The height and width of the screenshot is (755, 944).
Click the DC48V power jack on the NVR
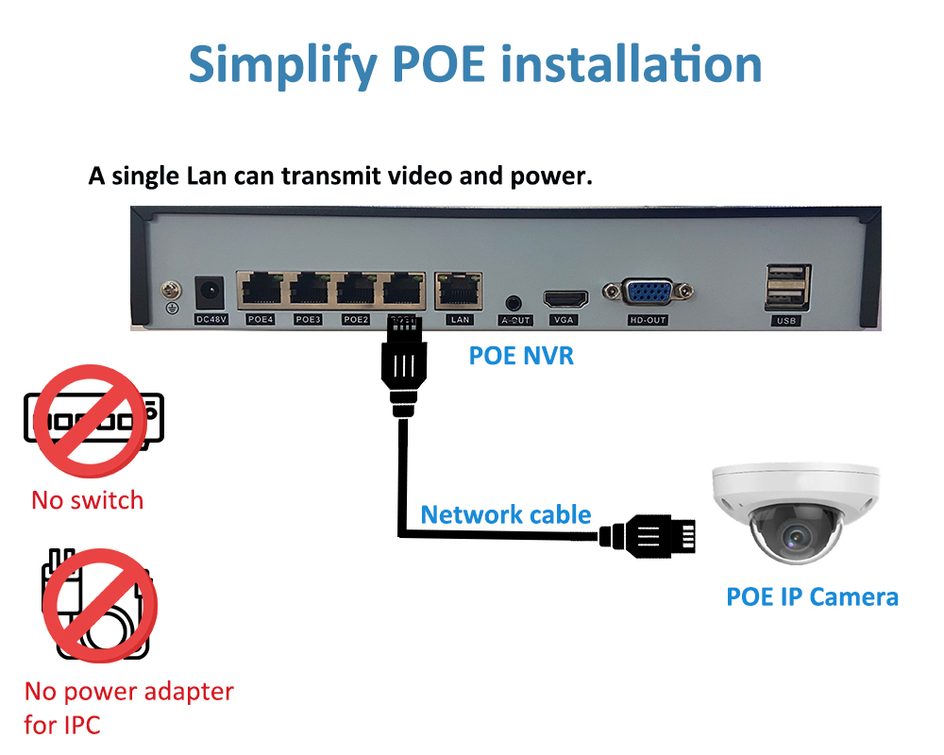click(x=210, y=294)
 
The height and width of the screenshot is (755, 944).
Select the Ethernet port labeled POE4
click(x=261, y=290)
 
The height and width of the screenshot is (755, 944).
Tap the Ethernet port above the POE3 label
click(x=309, y=290)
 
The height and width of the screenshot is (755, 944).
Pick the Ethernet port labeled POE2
click(x=356, y=290)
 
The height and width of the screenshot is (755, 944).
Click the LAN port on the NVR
click(x=459, y=291)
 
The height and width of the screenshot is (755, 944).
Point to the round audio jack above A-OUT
click(x=513, y=302)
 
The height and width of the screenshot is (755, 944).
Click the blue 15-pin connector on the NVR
click(x=648, y=292)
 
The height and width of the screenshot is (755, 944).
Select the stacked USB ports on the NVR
click(x=787, y=288)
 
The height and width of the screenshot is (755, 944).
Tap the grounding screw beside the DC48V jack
click(x=172, y=291)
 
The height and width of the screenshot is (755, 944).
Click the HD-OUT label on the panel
click(x=648, y=320)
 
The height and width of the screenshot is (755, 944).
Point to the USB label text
click(x=786, y=320)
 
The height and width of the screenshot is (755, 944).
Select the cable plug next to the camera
click(x=648, y=536)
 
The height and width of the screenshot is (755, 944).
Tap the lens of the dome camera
click(x=796, y=535)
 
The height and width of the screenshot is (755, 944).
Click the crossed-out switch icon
click(x=93, y=420)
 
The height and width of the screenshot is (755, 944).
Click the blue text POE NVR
click(x=521, y=356)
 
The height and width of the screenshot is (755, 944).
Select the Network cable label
click(x=506, y=514)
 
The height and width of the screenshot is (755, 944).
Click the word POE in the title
click(x=438, y=64)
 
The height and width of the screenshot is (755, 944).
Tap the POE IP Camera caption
click(x=812, y=597)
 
